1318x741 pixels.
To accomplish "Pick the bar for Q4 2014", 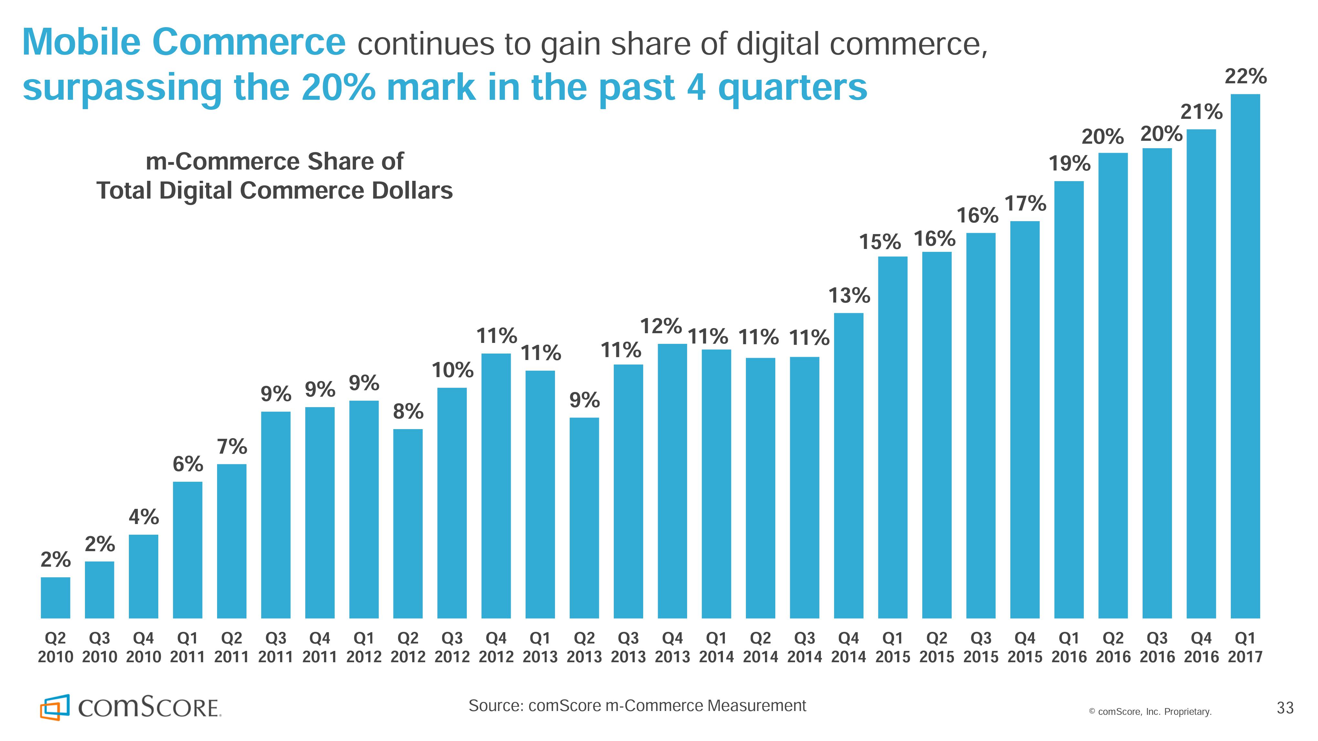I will pos(848,465).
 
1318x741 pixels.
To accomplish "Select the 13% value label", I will pos(849,295).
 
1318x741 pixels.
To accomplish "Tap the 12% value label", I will pos(661,326).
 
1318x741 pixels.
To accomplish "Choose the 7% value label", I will pos(232,447).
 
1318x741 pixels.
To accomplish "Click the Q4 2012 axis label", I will pos(496,647).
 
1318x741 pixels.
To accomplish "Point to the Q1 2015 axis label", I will pos(892,647).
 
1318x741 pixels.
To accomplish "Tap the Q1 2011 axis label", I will pos(187,647).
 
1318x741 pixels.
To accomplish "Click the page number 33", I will pos(1285,708).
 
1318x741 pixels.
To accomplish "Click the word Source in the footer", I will pos(495,706).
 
